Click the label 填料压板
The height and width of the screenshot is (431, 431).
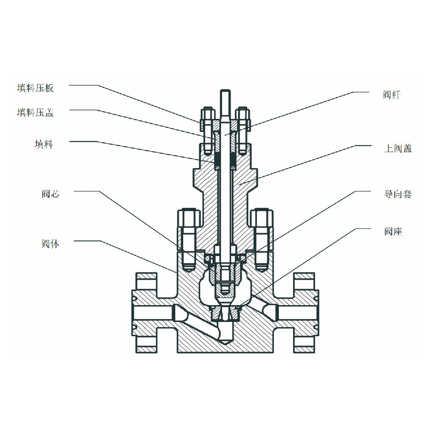point(35,88)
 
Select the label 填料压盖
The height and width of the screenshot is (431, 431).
point(35,113)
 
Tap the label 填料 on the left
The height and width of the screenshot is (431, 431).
point(44,144)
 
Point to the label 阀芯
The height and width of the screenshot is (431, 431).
point(50,194)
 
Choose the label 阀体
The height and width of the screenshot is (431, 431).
point(50,244)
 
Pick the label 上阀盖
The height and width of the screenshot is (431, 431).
point(398,149)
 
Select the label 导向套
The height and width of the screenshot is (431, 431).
point(398,194)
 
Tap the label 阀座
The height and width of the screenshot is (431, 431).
point(393,232)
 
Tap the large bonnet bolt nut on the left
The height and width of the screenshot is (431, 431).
point(189,218)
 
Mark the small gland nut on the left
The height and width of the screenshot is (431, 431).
point(207,115)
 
